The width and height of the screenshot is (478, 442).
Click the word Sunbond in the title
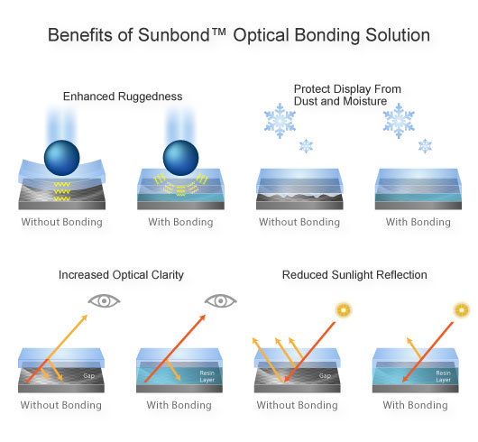[174, 35]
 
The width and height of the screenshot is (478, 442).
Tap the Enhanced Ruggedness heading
[123, 97]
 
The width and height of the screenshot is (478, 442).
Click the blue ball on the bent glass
[62, 158]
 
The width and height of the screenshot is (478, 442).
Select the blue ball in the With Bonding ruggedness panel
[180, 158]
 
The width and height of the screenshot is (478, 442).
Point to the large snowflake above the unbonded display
[280, 121]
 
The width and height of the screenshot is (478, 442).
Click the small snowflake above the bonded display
[425, 146]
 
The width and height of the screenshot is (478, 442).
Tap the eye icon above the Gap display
[105, 301]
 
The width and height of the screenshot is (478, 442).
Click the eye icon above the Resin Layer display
[221, 301]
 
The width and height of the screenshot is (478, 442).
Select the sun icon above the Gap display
[344, 310]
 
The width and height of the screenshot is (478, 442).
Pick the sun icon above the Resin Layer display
[462, 310]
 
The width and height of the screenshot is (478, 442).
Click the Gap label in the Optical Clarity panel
[89, 376]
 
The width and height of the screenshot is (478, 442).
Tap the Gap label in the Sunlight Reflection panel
[325, 376]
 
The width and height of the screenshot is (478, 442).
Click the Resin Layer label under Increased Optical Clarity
[207, 376]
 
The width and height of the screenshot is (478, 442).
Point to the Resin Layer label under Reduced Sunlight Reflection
[443, 376]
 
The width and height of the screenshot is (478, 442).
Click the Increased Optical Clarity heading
[121, 275]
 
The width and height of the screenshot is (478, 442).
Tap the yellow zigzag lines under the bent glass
[62, 191]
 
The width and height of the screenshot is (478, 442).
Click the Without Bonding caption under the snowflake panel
[299, 222]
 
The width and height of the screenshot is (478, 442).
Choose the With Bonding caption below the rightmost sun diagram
[415, 405]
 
